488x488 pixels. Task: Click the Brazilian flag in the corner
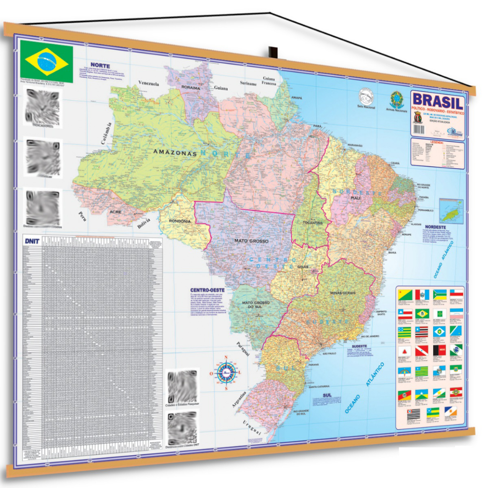pos(47,62)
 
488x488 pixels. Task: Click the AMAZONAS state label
pos(175,153)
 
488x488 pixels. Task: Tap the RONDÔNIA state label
pos(180,221)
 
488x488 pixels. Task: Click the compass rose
pos(226,372)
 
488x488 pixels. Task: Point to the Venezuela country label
pos(149,83)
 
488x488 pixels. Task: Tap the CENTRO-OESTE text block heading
pos(207,290)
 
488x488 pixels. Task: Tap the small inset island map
pos(450,210)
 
